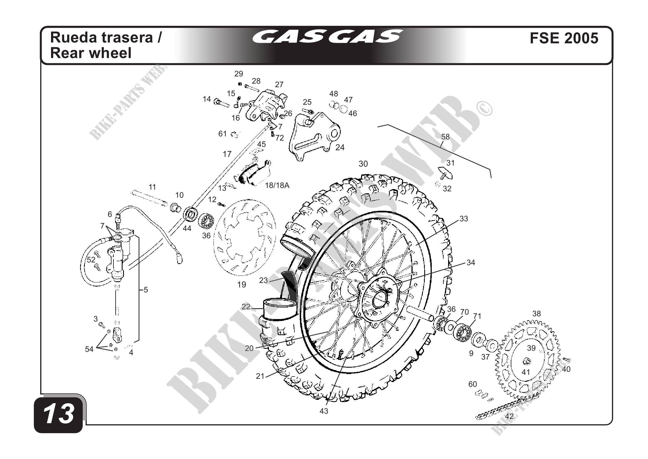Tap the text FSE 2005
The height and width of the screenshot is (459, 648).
tap(564, 38)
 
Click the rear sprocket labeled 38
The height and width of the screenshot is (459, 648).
tap(527, 361)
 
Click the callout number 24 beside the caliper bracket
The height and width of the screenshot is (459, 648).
tap(340, 147)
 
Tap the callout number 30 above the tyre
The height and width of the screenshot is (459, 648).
tap(363, 164)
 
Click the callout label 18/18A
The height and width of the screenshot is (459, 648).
tap(277, 185)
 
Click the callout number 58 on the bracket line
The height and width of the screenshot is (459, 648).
tap(445, 137)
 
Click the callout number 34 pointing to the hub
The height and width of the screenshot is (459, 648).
tap(471, 263)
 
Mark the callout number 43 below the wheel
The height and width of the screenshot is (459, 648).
tap(324, 411)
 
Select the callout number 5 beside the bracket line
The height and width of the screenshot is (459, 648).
tap(146, 290)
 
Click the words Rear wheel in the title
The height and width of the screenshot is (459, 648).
tap(91, 53)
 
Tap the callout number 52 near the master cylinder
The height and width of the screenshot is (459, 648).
tap(91, 260)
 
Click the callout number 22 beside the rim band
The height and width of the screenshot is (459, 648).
tap(246, 307)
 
